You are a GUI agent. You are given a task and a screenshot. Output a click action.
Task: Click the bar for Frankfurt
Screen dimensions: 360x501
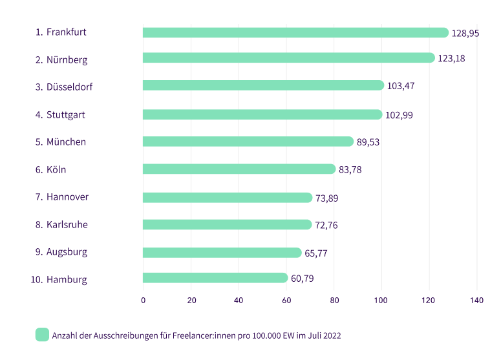[x=295, y=32]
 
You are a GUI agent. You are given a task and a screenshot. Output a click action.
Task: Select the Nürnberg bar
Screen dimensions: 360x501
[x=289, y=58]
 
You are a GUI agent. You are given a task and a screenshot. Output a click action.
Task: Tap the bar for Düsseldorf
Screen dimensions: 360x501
[x=264, y=85]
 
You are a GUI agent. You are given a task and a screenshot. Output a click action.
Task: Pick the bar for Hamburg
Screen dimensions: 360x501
[x=215, y=278]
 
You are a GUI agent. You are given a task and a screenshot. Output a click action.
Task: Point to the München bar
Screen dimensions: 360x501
[x=248, y=142]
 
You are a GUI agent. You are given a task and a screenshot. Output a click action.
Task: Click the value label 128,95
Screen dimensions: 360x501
[x=465, y=33]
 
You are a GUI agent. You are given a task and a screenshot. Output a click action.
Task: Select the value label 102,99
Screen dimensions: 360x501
[x=399, y=115]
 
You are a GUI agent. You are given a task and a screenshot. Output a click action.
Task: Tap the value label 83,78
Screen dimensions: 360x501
[x=352, y=170]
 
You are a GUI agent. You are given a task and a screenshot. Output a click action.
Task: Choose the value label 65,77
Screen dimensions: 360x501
[x=316, y=253]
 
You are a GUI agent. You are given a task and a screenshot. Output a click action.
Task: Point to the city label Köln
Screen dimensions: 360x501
[x=56, y=169]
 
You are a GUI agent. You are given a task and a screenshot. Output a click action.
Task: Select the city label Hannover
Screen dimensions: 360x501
[x=67, y=196]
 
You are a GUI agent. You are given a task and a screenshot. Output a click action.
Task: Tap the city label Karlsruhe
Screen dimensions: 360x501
[x=67, y=224]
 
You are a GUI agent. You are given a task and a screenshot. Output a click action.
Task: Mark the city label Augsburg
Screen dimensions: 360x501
[x=67, y=251]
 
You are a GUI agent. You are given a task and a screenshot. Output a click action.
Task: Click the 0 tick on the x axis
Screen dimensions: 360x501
[x=143, y=300]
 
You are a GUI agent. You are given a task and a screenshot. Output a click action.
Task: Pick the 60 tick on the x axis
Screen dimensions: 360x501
[x=286, y=300]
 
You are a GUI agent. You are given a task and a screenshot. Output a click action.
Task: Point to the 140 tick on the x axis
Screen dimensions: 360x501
[x=477, y=300]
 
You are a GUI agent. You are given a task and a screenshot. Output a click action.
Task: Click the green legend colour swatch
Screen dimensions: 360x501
[x=42, y=334]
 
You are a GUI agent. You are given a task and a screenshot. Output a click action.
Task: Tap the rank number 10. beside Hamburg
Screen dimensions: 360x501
[x=36, y=280]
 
